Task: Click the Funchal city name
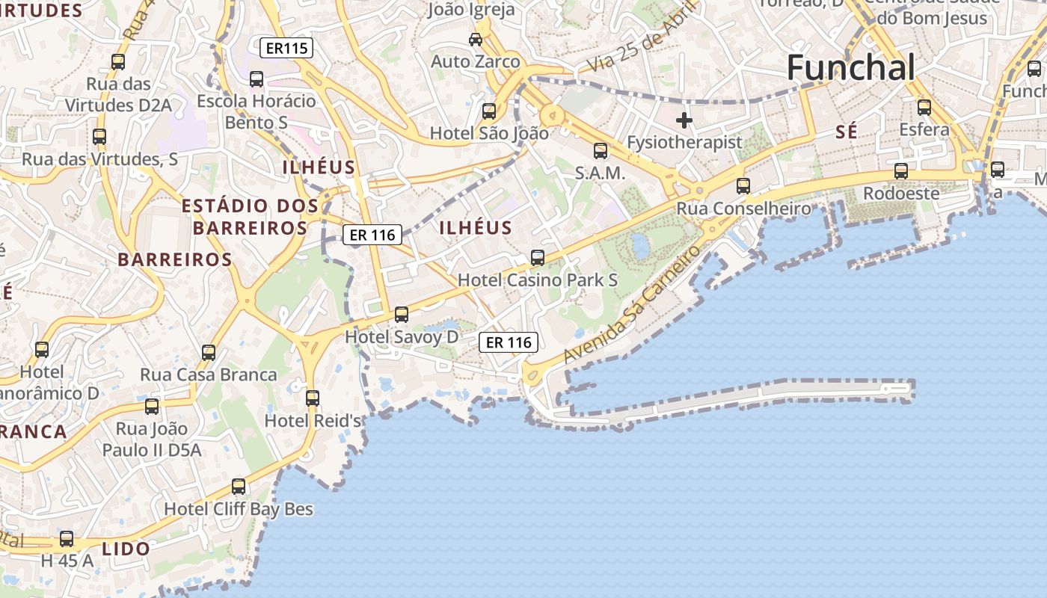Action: (850, 67)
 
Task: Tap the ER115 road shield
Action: (286, 49)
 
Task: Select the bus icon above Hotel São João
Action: (489, 111)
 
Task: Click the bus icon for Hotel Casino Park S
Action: (537, 258)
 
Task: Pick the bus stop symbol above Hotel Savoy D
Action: (402, 314)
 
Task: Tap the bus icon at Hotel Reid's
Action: (313, 398)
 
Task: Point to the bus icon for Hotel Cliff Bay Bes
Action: (239, 487)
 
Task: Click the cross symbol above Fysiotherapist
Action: (684, 120)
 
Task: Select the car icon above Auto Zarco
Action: (475, 39)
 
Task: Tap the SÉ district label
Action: (846, 132)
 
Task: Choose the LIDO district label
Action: (126, 549)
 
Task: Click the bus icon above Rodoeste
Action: (901, 171)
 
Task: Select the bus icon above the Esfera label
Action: (924, 107)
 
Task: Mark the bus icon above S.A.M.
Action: (600, 151)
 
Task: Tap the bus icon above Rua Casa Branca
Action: (209, 352)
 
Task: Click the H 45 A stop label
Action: (67, 560)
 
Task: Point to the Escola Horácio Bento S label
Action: (257, 111)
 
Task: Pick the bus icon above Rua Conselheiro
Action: (743, 185)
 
